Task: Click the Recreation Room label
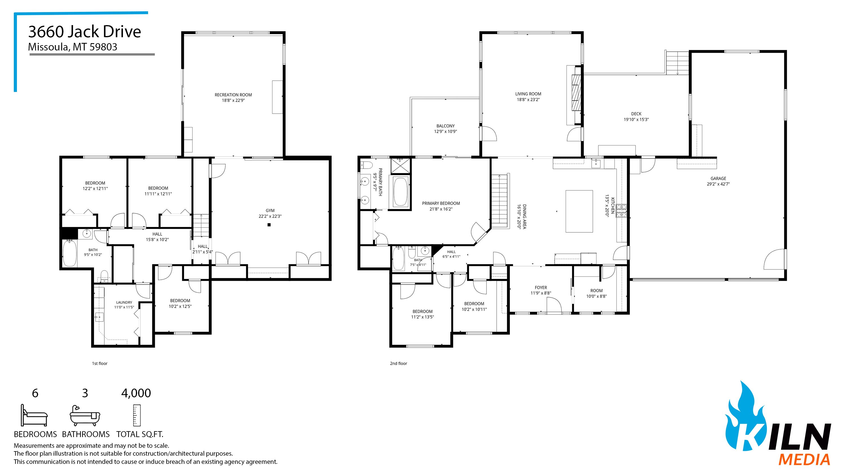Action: coord(233,95)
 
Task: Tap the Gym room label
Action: coord(270,211)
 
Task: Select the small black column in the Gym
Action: coord(269,225)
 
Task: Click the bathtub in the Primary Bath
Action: coord(400,192)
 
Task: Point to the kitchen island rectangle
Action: coord(579,211)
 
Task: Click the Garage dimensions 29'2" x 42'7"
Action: coord(718,184)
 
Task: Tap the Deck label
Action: coord(636,114)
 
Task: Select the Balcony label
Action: coord(446,126)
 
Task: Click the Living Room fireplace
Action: coord(574,95)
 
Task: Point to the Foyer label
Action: coord(541,287)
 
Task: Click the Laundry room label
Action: coord(124,302)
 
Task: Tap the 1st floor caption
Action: coord(100,363)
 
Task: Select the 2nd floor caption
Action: coord(398,363)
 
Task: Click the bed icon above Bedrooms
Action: coord(34,416)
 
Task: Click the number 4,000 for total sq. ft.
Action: coord(136,393)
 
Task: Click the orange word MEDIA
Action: coord(804,460)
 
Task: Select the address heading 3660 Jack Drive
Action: coord(85,32)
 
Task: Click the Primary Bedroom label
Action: coord(441,203)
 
